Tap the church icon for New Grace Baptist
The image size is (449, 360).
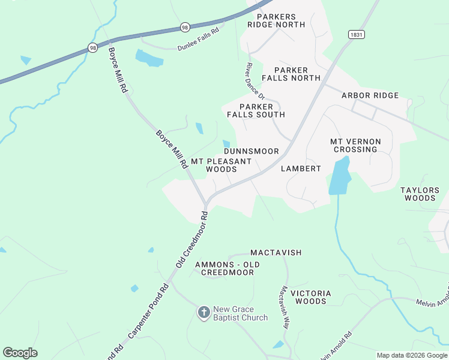204,313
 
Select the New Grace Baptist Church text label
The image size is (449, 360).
240,313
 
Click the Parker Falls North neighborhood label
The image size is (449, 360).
289,74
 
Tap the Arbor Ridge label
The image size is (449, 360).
370,95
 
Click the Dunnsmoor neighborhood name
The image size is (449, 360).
251,151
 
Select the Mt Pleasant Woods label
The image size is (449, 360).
221,166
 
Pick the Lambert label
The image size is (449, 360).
301,169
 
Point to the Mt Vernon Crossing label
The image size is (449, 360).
356,145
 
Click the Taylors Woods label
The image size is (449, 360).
420,194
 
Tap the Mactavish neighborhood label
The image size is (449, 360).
276,253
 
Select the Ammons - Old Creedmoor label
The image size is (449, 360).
227,268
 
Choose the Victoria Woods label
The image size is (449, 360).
310,297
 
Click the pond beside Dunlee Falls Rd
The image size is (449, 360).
149,58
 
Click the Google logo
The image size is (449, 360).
20,353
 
